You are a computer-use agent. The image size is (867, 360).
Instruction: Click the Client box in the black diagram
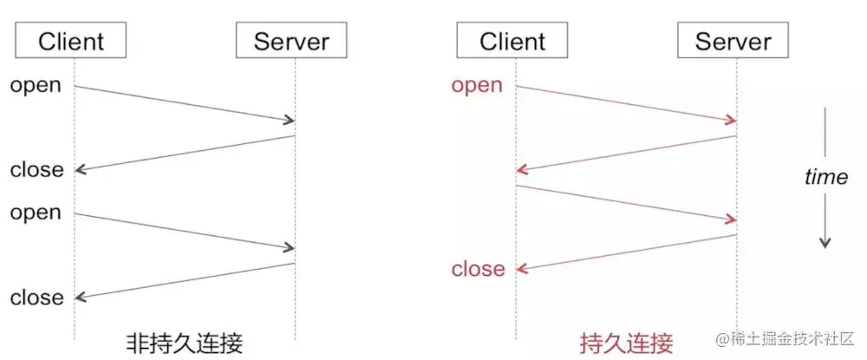click(x=71, y=41)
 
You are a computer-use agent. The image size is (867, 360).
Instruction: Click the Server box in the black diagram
click(x=291, y=41)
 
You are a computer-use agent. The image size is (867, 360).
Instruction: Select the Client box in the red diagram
click(x=512, y=41)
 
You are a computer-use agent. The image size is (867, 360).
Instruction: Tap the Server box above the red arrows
click(x=733, y=41)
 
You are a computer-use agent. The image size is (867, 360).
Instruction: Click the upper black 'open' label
click(x=36, y=85)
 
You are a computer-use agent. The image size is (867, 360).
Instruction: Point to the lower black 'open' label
click(x=36, y=213)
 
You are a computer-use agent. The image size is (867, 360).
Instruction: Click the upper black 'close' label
click(x=36, y=170)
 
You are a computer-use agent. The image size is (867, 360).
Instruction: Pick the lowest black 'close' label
click(x=36, y=298)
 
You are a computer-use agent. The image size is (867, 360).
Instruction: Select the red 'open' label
click(x=477, y=85)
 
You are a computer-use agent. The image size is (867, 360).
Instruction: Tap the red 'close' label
click(x=478, y=269)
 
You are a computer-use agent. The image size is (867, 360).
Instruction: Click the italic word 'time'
click(x=825, y=177)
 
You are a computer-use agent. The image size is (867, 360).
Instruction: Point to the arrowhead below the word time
click(x=825, y=243)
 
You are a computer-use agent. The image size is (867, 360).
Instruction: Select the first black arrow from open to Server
click(x=184, y=103)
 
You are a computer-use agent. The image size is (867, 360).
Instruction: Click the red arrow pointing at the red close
click(x=626, y=252)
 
